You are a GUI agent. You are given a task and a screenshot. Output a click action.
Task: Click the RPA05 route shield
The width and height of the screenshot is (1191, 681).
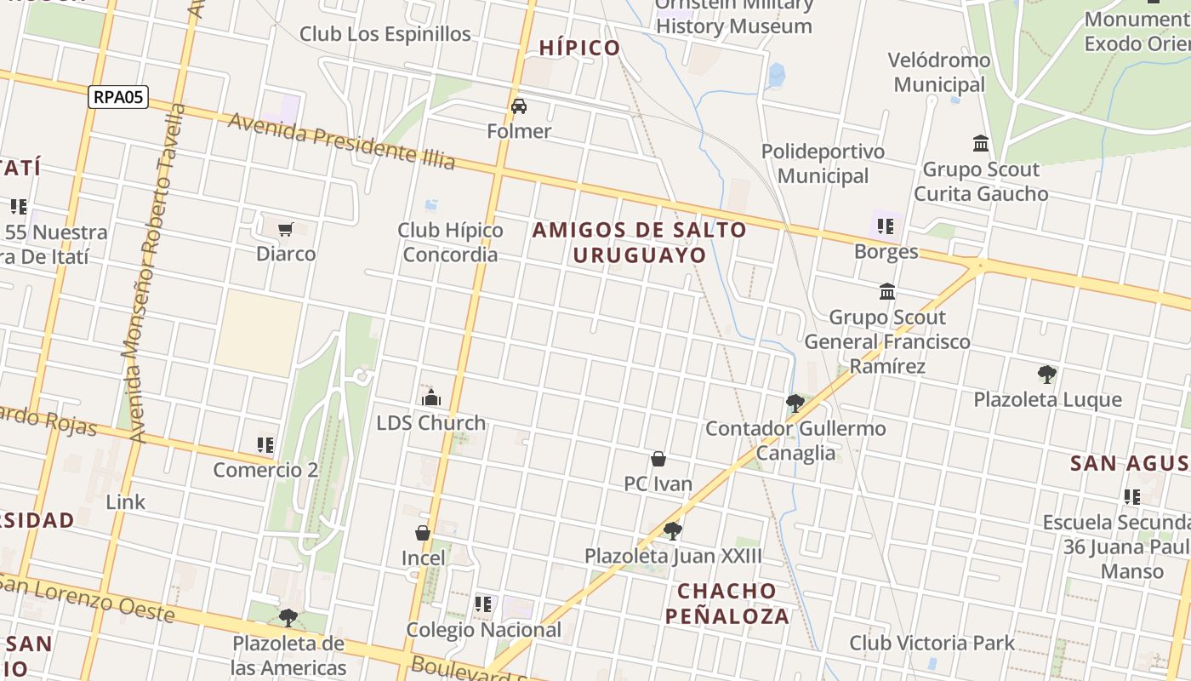118,97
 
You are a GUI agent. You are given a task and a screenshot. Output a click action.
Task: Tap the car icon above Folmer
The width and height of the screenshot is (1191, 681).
519,106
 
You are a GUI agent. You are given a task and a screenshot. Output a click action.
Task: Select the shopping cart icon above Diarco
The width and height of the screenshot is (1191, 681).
286,229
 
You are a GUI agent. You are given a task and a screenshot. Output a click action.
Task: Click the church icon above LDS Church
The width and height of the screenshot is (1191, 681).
431,398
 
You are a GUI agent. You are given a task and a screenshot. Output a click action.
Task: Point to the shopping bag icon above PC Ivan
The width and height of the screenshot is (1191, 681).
658,460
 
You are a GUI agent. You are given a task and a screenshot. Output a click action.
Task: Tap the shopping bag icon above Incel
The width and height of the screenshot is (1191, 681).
423,534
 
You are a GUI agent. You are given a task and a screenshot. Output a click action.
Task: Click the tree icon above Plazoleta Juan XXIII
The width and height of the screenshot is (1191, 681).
672,531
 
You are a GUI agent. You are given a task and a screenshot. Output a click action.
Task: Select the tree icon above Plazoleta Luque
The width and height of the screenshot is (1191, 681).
1047,375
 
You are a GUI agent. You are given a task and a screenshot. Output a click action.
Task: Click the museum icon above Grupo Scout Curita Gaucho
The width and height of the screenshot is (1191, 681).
981,144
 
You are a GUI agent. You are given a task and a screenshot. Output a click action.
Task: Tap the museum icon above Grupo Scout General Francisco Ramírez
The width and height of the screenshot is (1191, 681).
887,292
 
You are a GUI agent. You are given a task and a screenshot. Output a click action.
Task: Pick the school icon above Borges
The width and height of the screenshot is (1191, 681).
886,226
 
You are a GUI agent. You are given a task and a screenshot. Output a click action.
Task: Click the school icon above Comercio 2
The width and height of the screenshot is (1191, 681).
265,444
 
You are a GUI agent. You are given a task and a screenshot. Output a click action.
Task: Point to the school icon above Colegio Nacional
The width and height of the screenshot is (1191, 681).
483,604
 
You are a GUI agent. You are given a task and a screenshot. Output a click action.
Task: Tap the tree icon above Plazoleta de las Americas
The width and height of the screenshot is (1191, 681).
288,617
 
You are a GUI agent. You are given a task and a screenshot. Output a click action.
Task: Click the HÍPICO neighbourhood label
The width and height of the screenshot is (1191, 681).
580,48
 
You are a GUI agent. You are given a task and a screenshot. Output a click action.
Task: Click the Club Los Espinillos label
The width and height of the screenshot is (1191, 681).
385,34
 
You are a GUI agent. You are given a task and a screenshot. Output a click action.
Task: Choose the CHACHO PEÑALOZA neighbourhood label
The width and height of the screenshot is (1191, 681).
727,604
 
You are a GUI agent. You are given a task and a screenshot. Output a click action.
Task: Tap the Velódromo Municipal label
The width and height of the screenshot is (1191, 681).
939,72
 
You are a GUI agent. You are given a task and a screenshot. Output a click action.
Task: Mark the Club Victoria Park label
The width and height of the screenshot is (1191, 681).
932,643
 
